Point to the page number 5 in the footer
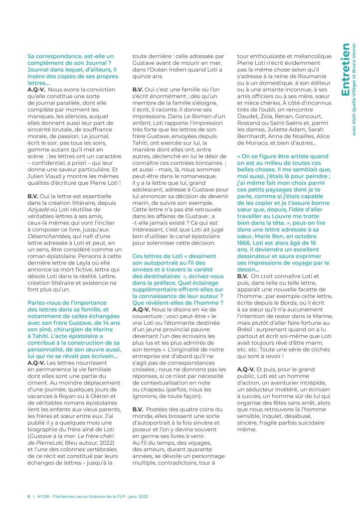28,497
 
